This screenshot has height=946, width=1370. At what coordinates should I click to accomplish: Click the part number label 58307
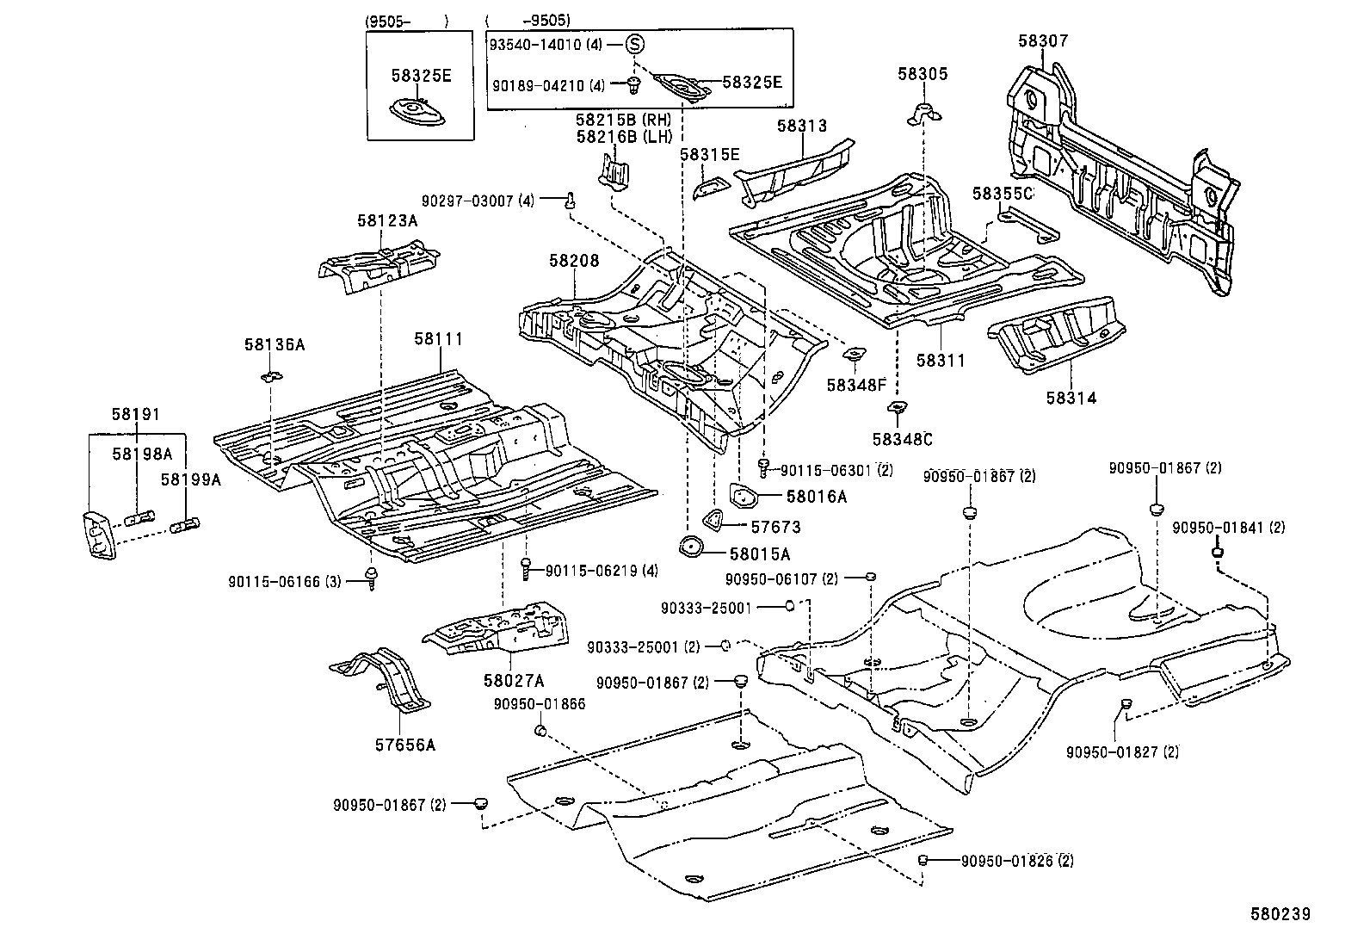pyautogui.click(x=1044, y=40)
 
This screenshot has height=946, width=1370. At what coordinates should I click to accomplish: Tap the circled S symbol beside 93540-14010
pyautogui.click(x=633, y=44)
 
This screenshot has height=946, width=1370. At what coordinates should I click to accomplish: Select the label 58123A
pyautogui.click(x=387, y=220)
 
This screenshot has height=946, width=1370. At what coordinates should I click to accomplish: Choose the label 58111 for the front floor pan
pyautogui.click(x=438, y=338)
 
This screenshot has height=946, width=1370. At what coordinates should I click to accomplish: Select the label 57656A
pyautogui.click(x=404, y=745)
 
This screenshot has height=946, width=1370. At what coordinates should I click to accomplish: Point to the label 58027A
pyautogui.click(x=514, y=680)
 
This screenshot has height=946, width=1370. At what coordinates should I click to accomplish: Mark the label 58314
pyautogui.click(x=1071, y=398)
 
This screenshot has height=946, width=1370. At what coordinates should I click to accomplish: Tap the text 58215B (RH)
pyautogui.click(x=623, y=120)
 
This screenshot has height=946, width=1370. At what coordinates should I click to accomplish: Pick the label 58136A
pyautogui.click(x=274, y=344)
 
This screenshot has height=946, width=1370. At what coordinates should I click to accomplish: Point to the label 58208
pyautogui.click(x=574, y=260)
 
